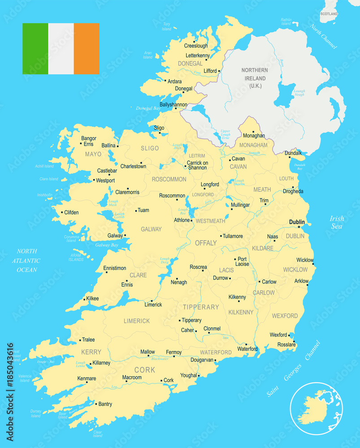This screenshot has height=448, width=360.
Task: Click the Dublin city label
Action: [297, 222]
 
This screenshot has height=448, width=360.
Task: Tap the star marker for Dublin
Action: [299, 227]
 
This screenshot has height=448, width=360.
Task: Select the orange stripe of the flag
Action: [87, 48]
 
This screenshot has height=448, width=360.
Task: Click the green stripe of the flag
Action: [35, 48]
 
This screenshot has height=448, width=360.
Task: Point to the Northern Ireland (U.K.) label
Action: [254, 78]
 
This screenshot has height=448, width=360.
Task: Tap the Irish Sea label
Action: [337, 222]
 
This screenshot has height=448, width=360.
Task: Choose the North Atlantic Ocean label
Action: [27, 260]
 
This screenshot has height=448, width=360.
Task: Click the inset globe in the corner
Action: [316, 409]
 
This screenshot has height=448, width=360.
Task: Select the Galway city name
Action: [115, 236]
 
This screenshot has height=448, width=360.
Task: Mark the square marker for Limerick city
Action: [152, 301]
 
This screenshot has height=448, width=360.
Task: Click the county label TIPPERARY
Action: [200, 307]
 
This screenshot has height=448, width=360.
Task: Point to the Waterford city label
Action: [247, 349]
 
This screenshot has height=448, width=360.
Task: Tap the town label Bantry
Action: [105, 404]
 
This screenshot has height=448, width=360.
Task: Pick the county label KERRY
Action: [91, 352]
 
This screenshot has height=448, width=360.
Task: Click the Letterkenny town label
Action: [197, 56]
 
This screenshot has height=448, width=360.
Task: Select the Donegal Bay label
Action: [148, 108]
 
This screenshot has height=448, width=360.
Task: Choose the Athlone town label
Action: [182, 220]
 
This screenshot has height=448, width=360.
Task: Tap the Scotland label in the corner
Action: [329, 14]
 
